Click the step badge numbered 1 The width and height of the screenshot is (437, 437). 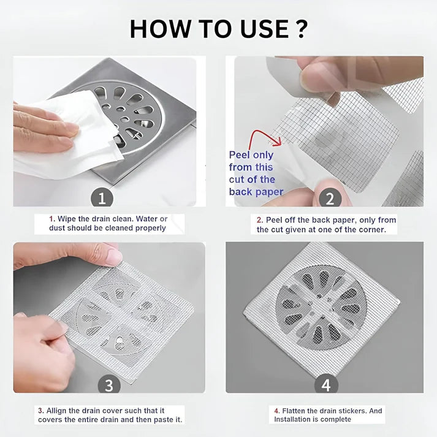point(102,198)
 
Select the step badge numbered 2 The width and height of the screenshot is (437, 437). point(330,199)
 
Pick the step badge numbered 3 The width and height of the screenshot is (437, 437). point(108,385)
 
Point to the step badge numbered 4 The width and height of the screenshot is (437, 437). point(326,385)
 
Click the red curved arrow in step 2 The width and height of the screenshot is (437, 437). point(264,136)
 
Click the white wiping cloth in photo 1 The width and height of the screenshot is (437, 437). point(67,141)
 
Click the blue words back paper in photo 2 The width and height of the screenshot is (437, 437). point(256,192)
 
